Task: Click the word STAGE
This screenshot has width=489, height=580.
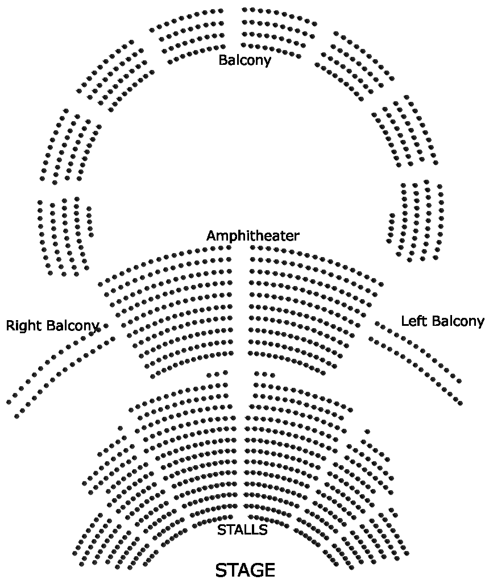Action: [245, 570]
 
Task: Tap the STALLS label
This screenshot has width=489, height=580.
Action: [242, 530]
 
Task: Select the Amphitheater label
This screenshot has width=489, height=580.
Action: [252, 235]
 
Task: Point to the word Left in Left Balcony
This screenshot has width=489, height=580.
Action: [414, 321]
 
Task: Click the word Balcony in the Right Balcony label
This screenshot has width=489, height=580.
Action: [73, 326]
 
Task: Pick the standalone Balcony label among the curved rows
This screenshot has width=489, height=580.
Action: [244, 60]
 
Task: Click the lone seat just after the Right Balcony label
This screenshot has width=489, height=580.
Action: [106, 326]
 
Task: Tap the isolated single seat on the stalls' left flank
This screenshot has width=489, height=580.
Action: [120, 428]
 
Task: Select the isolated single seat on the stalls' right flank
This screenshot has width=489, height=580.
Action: [367, 432]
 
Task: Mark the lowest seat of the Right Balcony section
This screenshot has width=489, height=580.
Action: [16, 416]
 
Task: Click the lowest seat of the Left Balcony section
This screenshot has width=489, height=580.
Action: [460, 403]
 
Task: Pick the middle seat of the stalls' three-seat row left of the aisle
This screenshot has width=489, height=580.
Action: [217, 374]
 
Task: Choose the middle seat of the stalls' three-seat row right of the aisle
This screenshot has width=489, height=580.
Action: [265, 374]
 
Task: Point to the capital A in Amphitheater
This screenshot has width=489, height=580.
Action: [211, 235]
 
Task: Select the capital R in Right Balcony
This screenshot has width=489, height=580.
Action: [10, 326]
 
